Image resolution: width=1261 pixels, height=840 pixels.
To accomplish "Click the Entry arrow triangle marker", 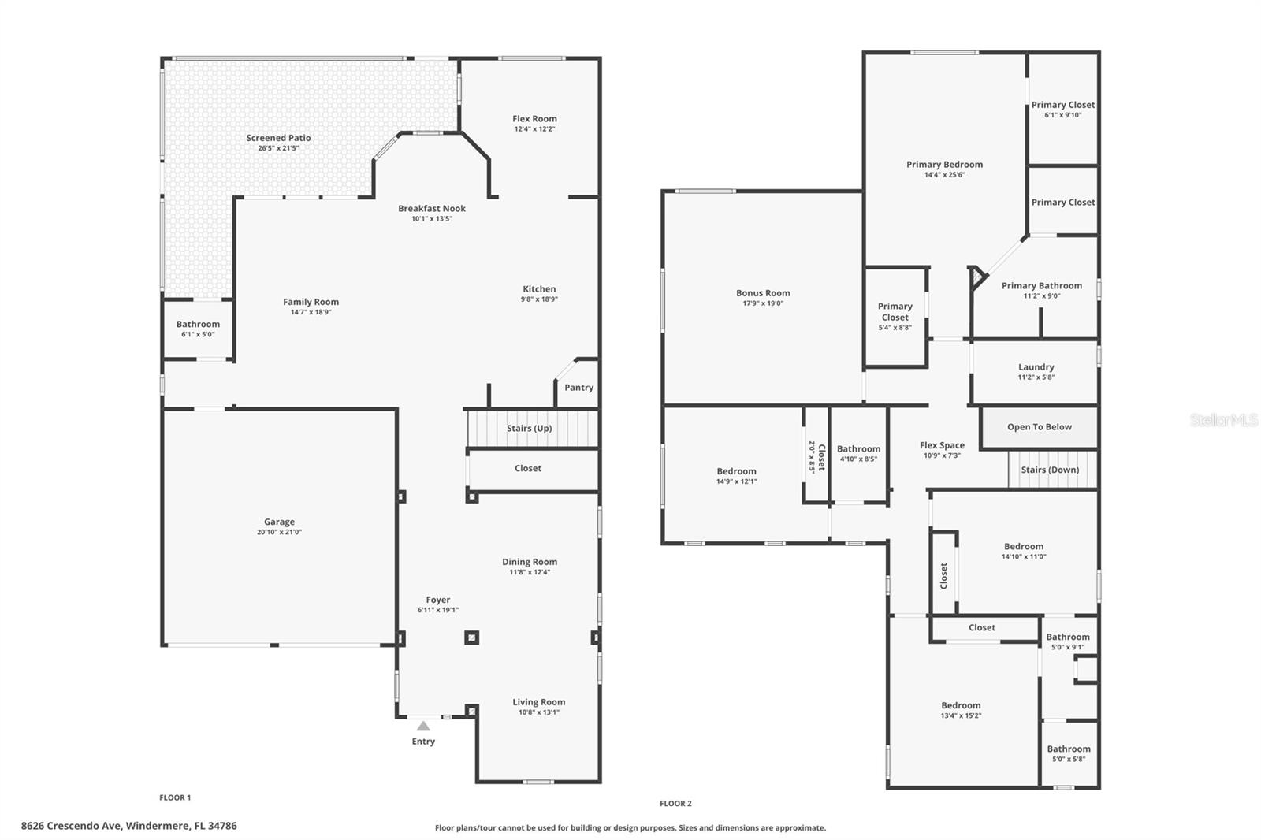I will pos(423,726).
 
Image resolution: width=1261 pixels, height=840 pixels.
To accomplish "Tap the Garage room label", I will pos(279,522).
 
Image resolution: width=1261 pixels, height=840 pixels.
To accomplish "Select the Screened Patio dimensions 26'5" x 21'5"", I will pos(278,148).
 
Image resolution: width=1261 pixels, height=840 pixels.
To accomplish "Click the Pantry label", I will pos(578,388).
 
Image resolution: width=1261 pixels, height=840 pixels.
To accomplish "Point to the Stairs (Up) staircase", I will pos(529,428).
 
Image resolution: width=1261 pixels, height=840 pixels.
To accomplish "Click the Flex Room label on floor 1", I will pos(534,119).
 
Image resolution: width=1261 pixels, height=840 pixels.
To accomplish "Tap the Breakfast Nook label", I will pos(431,209).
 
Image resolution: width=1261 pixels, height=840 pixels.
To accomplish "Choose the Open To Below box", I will pos(1039,427).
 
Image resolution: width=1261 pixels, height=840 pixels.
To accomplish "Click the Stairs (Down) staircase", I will pos(1050,470).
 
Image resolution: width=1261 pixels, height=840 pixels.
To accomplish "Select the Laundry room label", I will pos(1036,367).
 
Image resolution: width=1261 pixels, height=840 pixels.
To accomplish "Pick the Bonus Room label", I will pos(763,293).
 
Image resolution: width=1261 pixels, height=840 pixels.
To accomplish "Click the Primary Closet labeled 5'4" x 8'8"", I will pos(895,316).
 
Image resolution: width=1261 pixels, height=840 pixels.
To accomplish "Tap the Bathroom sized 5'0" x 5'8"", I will pos(1069,753).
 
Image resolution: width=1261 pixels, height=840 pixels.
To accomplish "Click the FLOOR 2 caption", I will pos(675,804).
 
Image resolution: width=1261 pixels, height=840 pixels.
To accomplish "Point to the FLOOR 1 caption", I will pos(175,797).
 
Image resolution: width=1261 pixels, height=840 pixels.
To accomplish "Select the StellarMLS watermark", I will pos(1223,421).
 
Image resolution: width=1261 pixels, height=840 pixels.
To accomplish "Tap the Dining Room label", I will pos(530,562).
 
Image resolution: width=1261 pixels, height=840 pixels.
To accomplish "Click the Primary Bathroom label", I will pos(1041,286).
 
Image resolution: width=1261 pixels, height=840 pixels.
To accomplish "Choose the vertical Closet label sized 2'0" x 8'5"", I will pos(816,457).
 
